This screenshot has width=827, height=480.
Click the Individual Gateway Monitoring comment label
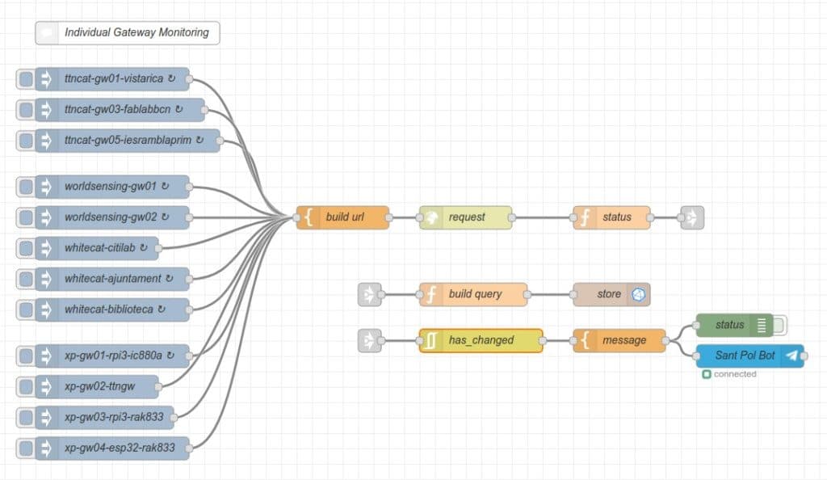(x=136, y=33)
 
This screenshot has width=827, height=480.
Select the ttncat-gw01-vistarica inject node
(x=113, y=79)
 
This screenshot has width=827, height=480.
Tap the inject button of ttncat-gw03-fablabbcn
(x=26, y=110)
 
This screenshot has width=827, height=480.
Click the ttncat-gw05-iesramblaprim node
(x=128, y=141)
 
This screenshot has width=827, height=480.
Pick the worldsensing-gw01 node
(x=111, y=187)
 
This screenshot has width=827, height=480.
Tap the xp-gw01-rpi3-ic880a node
(x=113, y=356)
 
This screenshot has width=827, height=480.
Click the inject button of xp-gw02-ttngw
(x=26, y=386)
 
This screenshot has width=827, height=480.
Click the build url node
(x=344, y=217)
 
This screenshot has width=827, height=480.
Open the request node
(x=466, y=217)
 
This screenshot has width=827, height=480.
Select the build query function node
(x=474, y=294)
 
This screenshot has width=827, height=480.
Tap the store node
(x=611, y=294)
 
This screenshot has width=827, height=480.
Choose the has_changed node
(x=481, y=340)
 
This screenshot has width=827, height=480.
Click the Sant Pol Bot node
(x=745, y=356)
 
